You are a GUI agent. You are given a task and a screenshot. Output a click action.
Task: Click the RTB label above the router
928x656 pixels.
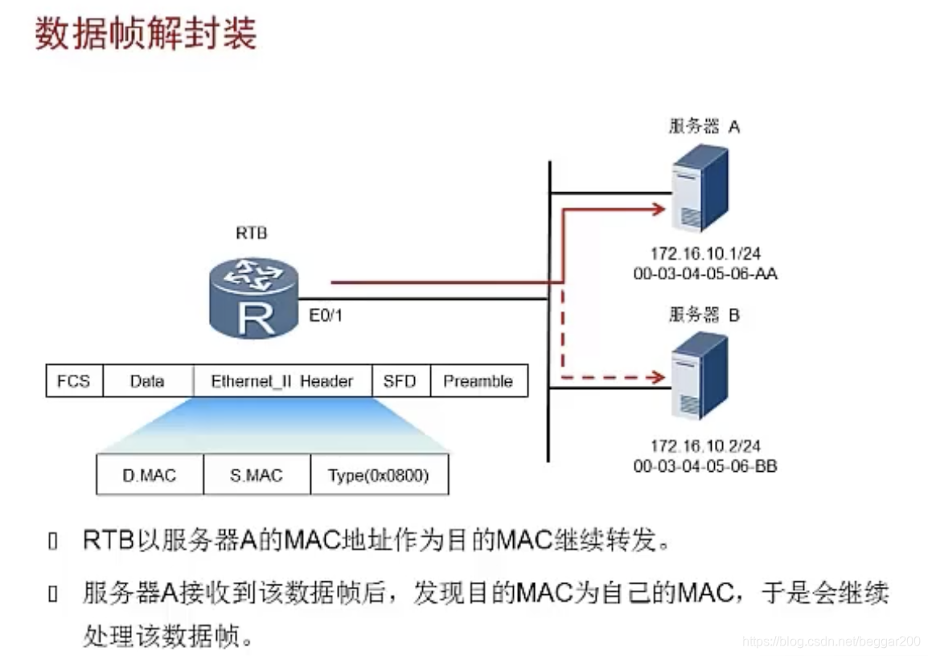click(251, 234)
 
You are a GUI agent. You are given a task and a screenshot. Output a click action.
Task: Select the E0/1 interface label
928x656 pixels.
click(326, 315)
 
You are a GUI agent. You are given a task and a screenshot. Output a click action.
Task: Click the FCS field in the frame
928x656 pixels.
click(74, 381)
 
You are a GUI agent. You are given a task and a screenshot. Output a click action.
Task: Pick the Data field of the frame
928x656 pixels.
click(147, 381)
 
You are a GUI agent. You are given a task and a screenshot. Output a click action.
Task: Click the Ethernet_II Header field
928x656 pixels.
click(281, 381)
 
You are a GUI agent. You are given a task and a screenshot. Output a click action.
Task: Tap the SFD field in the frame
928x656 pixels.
click(400, 381)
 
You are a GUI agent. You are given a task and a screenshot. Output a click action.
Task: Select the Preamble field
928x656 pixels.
click(478, 381)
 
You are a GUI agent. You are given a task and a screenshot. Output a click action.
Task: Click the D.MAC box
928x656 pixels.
click(150, 475)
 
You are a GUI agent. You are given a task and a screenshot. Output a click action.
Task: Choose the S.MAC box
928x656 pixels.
click(256, 475)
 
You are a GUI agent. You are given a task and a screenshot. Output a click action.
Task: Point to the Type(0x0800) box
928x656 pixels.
click(378, 475)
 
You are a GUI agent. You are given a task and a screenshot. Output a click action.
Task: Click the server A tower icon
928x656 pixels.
click(700, 187)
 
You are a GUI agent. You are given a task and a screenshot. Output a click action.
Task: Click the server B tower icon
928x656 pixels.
click(700, 376)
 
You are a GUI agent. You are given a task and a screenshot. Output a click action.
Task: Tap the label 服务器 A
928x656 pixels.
click(704, 126)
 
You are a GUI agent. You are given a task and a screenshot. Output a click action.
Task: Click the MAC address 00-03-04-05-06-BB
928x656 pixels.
click(704, 465)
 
